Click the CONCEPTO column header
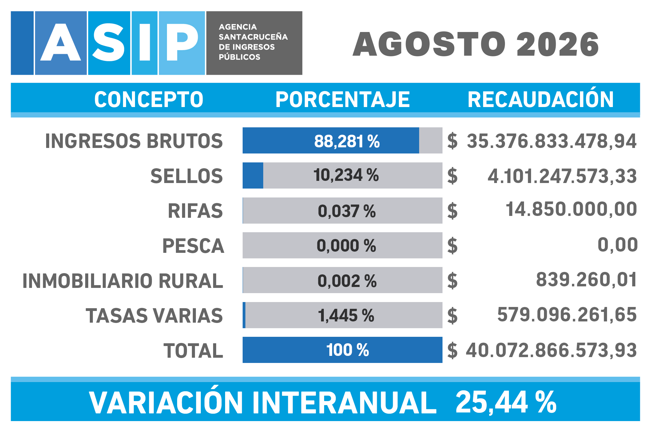[149, 99]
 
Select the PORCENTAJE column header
[343, 99]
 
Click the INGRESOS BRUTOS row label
[134, 141]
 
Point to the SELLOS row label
[186, 176]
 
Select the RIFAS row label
[195, 211]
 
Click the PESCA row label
[193, 246]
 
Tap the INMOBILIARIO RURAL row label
[123, 281]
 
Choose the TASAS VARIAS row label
[154, 316]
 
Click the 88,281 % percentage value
[347, 141]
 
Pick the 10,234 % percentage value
[346, 175]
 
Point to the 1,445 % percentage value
[346, 316]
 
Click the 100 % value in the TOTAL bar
[347, 350]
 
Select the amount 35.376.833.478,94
[552, 141]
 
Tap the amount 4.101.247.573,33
[562, 176]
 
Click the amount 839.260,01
[586, 280]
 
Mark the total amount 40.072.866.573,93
[551, 350]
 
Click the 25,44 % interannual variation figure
[506, 402]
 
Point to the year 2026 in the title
[558, 45]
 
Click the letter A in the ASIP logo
[61, 42]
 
